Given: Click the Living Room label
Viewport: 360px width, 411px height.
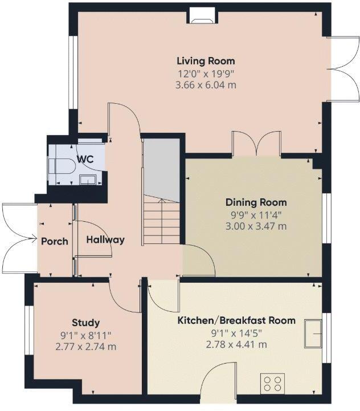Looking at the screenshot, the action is [x=206, y=61].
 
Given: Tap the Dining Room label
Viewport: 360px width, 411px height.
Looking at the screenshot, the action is [x=256, y=202].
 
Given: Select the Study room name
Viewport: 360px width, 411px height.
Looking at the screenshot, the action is [x=85, y=323].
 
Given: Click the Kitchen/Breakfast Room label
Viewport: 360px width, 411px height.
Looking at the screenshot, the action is [x=236, y=320].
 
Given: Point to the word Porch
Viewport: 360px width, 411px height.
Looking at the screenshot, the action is [x=55, y=241].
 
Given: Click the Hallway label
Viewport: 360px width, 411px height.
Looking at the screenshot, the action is [x=105, y=240].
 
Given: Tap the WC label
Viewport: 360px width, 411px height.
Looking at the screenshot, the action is [x=85, y=159].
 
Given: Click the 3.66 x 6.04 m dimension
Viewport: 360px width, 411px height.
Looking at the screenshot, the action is [x=206, y=85].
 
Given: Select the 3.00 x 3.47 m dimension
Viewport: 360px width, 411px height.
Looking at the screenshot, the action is [x=256, y=226].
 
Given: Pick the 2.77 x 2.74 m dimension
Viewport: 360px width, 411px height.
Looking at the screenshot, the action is [x=85, y=347].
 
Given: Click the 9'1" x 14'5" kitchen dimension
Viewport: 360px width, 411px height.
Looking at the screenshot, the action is [x=236, y=333].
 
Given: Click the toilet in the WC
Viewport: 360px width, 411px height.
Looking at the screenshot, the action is [x=62, y=166].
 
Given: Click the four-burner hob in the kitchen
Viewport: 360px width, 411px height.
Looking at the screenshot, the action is [x=272, y=384].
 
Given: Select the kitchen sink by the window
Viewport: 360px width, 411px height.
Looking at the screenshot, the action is [x=313, y=333].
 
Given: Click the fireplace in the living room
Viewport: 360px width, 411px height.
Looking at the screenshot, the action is [x=203, y=16].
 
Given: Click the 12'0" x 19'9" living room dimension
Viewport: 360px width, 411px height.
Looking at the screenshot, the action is [x=206, y=74].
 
